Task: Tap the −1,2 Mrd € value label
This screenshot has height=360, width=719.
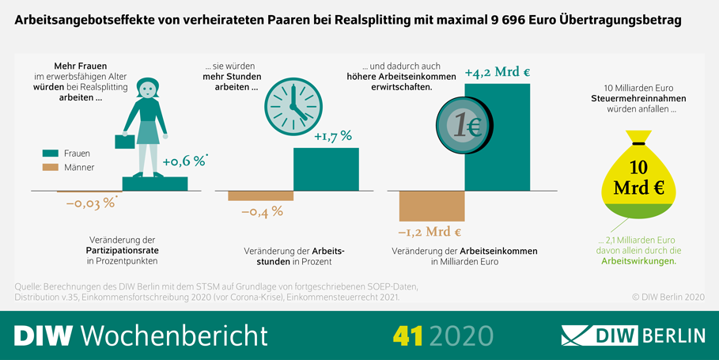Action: [430, 232]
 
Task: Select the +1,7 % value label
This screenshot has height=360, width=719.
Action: [333, 137]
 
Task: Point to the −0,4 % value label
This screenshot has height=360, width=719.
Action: [262, 211]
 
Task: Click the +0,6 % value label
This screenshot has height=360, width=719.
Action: [184, 162]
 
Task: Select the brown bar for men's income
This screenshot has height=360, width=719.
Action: [431, 206]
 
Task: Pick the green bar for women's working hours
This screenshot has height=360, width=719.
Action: [326, 169]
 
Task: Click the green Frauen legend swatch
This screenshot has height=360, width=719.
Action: [50, 153]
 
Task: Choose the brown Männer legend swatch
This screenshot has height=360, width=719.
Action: [50, 167]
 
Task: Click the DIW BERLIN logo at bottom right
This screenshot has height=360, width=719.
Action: [633, 335]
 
